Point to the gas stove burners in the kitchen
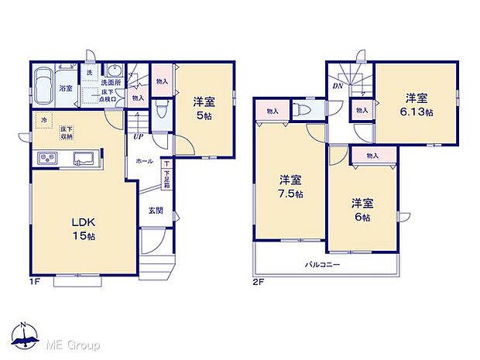coord(46,159)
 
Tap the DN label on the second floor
coord(338,87)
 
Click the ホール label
coord(144,162)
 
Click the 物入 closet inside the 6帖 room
coord(372,156)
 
